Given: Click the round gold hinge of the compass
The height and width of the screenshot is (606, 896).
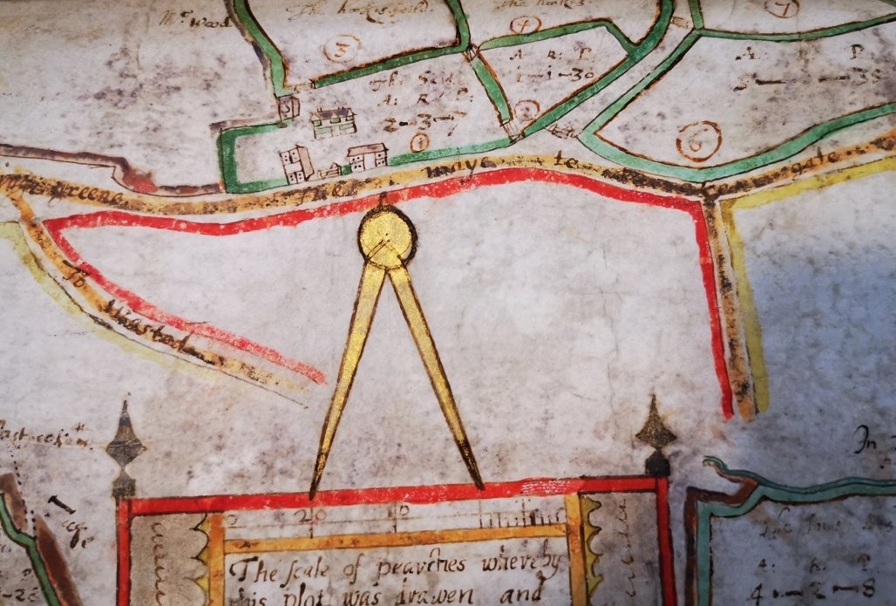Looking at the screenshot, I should (x=386, y=235).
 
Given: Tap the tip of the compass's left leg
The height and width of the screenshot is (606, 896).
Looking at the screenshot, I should (x=313, y=494).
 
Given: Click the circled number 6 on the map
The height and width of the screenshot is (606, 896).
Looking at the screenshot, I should (x=698, y=140).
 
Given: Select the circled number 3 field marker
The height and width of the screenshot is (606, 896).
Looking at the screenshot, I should (x=341, y=48).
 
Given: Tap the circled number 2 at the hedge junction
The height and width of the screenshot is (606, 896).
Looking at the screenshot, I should (x=525, y=111).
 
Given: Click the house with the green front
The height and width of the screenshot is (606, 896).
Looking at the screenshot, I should (x=333, y=123).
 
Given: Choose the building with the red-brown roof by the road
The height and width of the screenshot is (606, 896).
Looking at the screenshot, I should (x=367, y=157).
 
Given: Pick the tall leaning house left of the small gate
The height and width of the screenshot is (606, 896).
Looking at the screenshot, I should (x=296, y=163).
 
